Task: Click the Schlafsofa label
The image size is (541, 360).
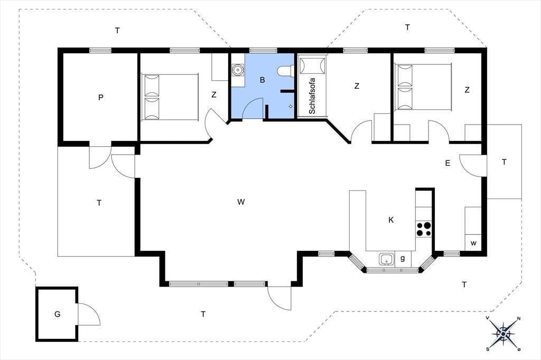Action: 312,96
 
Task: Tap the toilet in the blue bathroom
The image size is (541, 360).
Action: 285,71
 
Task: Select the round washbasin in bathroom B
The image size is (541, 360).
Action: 237,70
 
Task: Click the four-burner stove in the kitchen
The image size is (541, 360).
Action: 424,229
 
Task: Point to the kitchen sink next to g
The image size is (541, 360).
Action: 387,259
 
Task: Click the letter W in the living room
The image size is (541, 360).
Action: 241,202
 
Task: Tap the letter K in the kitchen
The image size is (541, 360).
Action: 391,220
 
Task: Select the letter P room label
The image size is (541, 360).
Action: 100,98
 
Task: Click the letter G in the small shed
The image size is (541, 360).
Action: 57,314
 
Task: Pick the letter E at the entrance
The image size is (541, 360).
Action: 447,164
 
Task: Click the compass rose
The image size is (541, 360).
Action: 503,334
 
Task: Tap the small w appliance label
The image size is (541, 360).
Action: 473,243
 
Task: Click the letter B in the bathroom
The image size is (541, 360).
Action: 262,80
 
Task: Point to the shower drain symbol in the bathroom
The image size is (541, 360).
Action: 291,107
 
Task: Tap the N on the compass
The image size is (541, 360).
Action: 518,319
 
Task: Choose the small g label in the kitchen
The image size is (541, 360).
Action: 402,258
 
